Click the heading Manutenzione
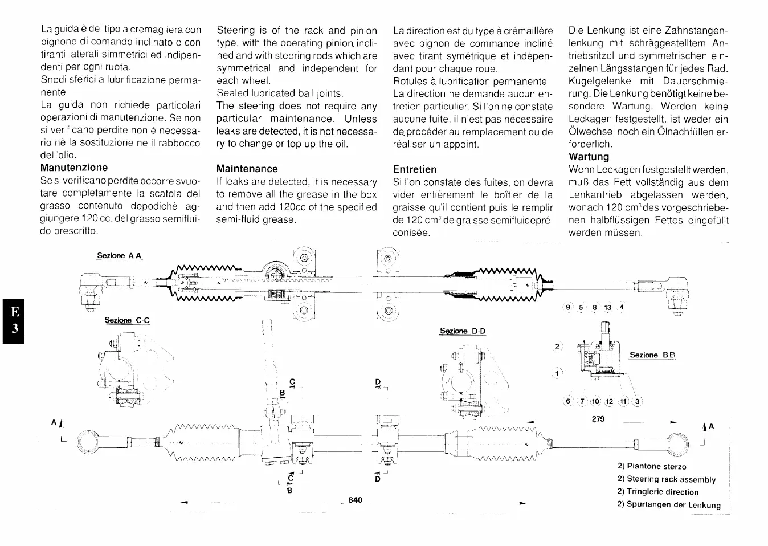(x=74, y=168)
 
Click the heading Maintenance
(x=247, y=169)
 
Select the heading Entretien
(x=415, y=169)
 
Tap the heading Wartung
(x=589, y=157)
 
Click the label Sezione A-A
(x=119, y=256)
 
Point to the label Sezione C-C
(x=126, y=320)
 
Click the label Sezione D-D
(x=463, y=331)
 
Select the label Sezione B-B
(x=652, y=355)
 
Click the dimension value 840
(x=355, y=500)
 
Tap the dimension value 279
(x=598, y=419)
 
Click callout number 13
(x=607, y=308)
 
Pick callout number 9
(x=567, y=308)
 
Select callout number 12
(x=608, y=401)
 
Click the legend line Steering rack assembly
(x=666, y=479)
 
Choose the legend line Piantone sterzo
(x=652, y=466)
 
